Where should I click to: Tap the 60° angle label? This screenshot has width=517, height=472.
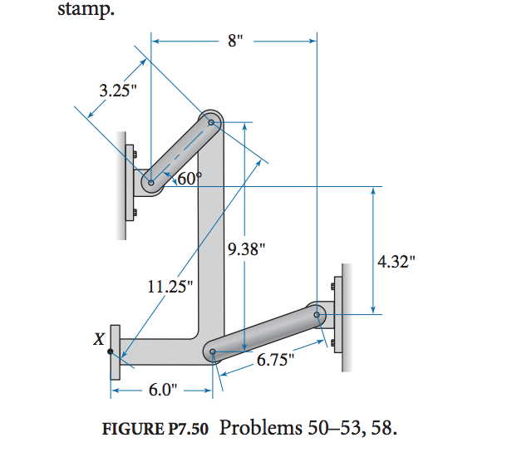tap(190, 178)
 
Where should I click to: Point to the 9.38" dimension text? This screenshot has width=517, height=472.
tap(246, 248)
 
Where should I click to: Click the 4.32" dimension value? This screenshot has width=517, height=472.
tap(396, 262)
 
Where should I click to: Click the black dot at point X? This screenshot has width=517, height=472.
tap(110, 351)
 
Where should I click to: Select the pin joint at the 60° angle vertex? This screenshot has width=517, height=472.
tap(150, 182)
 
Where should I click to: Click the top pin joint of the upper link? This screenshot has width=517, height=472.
tap(211, 123)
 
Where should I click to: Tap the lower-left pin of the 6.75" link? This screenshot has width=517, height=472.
tap(213, 352)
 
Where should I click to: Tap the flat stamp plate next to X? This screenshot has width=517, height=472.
tap(115, 351)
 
